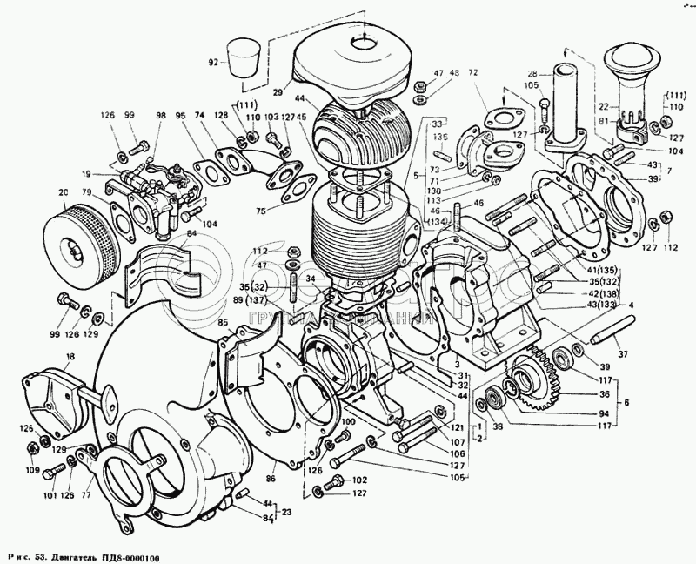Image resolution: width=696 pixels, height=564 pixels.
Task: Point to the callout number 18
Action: coord(70,358)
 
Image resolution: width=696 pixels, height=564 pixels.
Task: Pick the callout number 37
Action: coord(622,352)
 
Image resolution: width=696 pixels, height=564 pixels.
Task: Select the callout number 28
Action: coord(533,74)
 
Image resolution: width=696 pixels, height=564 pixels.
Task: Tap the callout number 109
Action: coord(33,470)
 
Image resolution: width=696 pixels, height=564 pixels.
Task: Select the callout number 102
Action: coord(359,480)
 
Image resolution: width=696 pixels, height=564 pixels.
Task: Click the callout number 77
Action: coord(86,497)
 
